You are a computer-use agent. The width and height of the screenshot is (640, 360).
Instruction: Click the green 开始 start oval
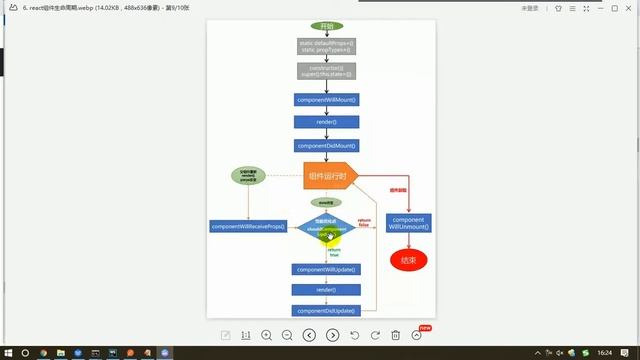(325, 25)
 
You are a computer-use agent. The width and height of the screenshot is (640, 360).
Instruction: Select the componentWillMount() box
(326, 100)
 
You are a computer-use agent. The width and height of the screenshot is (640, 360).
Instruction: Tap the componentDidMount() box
(326, 146)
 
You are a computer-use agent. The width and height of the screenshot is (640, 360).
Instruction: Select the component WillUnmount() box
(408, 223)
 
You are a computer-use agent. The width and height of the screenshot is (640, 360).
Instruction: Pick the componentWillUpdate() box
(326, 269)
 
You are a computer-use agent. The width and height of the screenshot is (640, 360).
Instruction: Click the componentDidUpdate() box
(326, 311)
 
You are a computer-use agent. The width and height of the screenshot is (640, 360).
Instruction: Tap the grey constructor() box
(326, 71)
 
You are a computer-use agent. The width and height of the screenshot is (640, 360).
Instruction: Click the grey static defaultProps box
(326, 46)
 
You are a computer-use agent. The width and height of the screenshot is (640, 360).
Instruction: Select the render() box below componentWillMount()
(326, 122)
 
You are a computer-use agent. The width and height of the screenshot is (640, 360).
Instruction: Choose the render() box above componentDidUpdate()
(326, 290)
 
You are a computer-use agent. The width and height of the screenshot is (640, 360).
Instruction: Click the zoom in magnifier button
(267, 335)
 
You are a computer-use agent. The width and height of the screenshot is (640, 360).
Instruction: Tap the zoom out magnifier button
(287, 335)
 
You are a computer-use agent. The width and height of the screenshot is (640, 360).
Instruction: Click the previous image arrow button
(310, 335)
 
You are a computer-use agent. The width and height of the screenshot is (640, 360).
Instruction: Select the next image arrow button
(333, 335)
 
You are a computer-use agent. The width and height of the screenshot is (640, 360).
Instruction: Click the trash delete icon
(396, 335)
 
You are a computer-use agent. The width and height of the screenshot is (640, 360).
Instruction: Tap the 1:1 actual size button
(245, 335)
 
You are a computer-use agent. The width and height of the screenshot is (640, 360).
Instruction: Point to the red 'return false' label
(364, 223)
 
